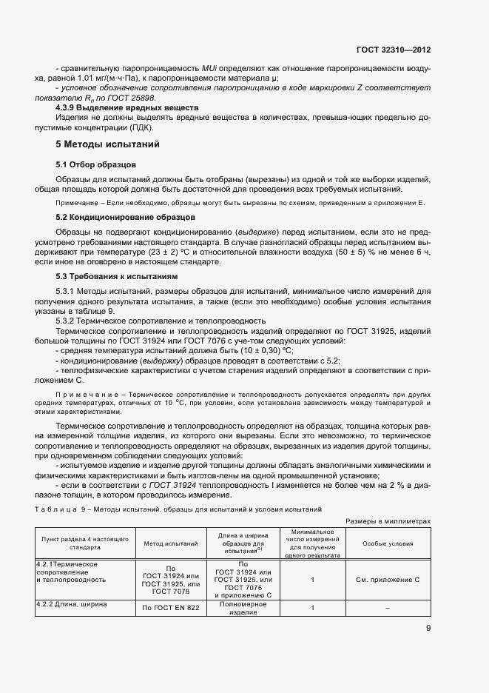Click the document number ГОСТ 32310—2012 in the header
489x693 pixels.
point(394,50)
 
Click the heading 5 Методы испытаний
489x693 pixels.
point(108,144)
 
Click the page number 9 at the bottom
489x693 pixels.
point(428,629)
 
